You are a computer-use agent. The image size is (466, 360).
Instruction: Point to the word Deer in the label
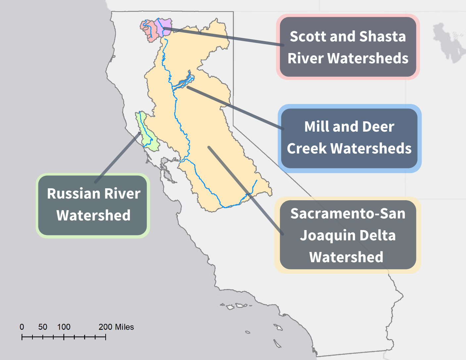378,127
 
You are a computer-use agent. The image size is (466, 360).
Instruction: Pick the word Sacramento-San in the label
348,214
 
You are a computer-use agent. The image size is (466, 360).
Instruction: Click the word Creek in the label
306,149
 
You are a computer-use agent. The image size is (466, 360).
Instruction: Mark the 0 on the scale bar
22,327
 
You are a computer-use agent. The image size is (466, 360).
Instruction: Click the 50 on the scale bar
43,327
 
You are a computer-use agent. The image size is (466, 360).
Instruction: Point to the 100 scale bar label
64,327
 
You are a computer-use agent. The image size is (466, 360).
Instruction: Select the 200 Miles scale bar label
116,327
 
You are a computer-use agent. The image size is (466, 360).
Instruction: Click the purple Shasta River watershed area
165,27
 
